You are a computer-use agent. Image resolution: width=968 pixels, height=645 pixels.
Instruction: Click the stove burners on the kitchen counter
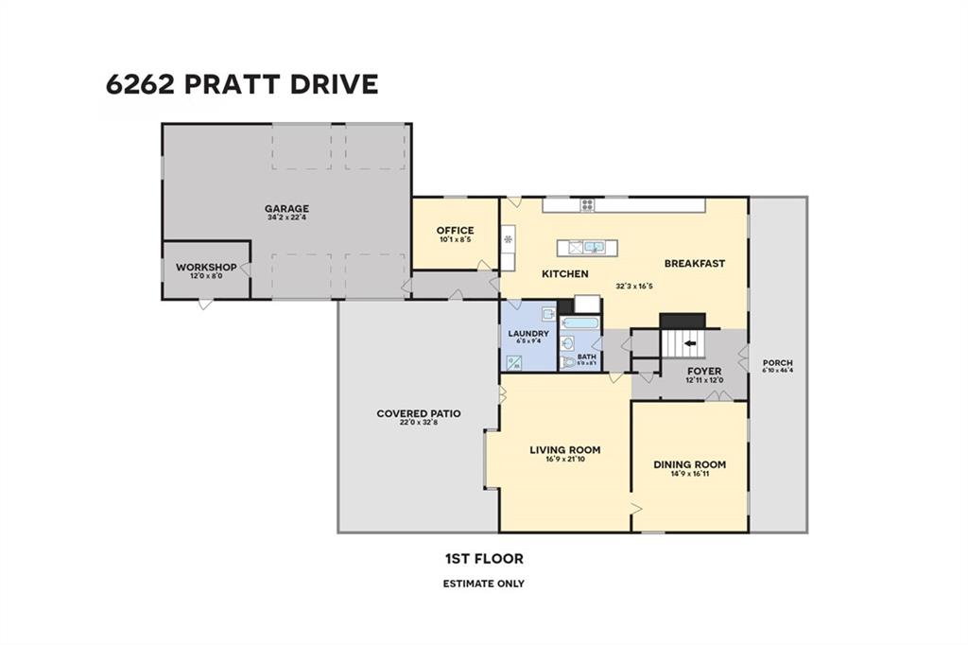[587, 204]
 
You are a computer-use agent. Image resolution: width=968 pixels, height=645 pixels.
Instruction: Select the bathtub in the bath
[579, 322]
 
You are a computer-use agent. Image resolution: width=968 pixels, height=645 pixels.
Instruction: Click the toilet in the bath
[568, 362]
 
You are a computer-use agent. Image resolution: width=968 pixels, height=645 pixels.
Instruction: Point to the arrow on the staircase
[689, 343]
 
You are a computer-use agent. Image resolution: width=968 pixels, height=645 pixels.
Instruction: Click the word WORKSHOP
[205, 268]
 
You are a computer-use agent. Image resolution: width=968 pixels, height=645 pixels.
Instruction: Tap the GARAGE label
[286, 209]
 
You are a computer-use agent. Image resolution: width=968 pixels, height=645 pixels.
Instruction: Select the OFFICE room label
[455, 231]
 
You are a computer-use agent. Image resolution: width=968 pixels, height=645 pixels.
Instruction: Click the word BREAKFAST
[694, 264]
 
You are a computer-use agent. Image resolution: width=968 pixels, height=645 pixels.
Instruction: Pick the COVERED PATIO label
[418, 413]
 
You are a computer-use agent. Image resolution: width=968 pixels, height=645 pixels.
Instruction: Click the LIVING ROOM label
[564, 450]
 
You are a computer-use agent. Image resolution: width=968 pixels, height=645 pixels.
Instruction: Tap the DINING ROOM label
[690, 464]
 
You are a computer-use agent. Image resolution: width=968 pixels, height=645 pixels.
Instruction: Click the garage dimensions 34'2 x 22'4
[286, 218]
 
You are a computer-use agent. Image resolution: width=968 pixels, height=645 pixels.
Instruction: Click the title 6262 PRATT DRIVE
[242, 84]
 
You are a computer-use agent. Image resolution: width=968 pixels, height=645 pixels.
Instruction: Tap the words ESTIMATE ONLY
[483, 584]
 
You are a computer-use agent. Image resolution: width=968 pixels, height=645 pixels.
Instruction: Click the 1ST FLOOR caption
[483, 559]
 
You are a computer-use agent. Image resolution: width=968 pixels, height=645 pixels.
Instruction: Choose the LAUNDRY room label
[528, 334]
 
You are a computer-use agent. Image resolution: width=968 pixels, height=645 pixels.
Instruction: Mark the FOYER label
[704, 371]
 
